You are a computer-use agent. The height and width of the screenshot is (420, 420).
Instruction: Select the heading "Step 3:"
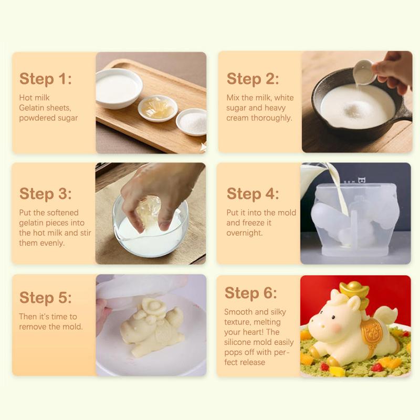(x=46, y=193)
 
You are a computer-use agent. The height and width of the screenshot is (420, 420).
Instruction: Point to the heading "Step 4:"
(x=253, y=193)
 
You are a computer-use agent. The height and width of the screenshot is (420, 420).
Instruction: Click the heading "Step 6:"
(x=250, y=292)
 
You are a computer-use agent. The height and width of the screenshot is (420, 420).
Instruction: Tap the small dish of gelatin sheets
(x=157, y=108)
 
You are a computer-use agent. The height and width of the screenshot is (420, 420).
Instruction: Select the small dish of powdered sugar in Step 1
(x=192, y=121)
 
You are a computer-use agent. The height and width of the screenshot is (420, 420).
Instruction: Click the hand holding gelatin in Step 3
(x=157, y=189)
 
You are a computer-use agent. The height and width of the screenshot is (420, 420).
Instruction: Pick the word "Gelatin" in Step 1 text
(x=33, y=108)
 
